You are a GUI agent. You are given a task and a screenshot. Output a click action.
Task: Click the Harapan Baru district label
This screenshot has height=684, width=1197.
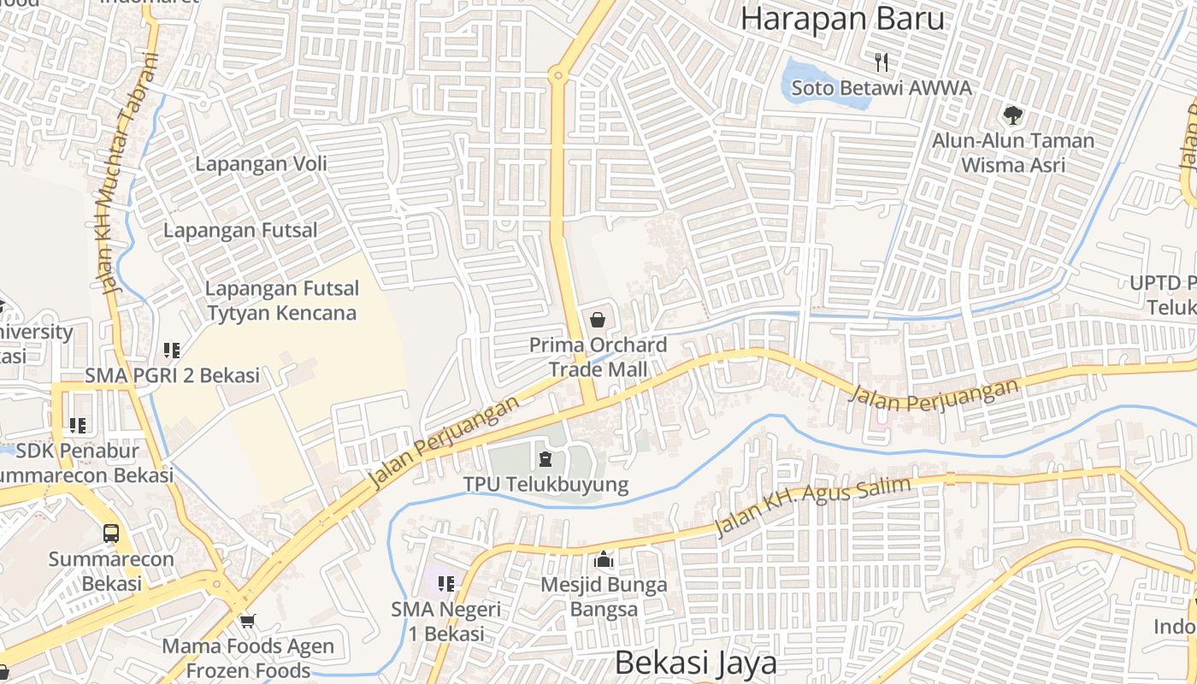pyautogui.click(x=842, y=18)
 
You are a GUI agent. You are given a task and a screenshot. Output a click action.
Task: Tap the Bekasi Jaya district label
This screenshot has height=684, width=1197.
pyautogui.click(x=696, y=663)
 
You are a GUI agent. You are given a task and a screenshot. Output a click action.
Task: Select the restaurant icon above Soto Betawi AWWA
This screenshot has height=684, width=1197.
pyautogui.click(x=882, y=62)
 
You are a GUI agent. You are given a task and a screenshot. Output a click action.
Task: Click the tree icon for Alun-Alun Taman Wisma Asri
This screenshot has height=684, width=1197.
pyautogui.click(x=1013, y=114)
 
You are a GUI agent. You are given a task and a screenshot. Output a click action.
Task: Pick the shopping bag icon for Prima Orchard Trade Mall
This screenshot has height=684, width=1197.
pyautogui.click(x=598, y=320)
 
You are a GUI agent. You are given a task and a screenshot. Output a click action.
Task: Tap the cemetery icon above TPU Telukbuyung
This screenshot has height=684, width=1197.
pyautogui.click(x=545, y=459)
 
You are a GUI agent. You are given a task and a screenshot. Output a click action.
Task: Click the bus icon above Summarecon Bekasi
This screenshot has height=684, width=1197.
pyautogui.click(x=111, y=534)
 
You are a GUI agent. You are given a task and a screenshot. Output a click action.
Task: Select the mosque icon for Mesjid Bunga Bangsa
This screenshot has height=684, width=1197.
pyautogui.click(x=604, y=560)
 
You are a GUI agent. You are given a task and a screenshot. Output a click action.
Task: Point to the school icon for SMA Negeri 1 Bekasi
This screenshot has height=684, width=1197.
pyautogui.click(x=445, y=584)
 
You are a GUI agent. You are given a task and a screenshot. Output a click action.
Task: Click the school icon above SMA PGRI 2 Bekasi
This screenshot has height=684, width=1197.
pyautogui.click(x=172, y=350)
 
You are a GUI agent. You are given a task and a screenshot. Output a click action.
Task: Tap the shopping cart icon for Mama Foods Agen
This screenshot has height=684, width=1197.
pyautogui.click(x=248, y=621)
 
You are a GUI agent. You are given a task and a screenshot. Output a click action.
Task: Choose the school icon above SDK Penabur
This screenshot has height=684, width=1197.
pyautogui.click(x=78, y=425)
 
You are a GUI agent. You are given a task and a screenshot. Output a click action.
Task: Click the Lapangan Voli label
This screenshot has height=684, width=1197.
pyautogui.click(x=261, y=164)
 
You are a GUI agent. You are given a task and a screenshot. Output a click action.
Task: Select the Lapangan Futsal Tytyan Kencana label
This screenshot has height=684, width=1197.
pyautogui.click(x=281, y=301)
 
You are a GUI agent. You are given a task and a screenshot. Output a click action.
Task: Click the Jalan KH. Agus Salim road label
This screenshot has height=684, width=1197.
pyautogui.click(x=812, y=509)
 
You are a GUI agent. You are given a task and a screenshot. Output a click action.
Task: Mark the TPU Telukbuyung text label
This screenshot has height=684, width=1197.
pyautogui.click(x=545, y=485)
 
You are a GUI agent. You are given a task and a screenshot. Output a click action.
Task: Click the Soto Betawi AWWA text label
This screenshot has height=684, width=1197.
pyautogui.click(x=881, y=88)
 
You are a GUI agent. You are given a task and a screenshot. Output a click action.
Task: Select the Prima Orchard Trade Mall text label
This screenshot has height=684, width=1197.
pyautogui.click(x=598, y=357)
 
